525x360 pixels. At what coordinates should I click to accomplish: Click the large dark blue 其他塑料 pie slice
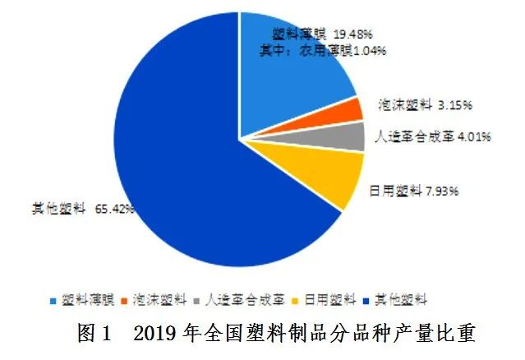pos(189,164)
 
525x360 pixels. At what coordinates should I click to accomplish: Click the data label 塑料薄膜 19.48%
pos(322,34)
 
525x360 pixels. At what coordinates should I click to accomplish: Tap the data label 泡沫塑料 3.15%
pos(426,104)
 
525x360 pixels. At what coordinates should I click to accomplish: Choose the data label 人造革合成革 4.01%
pos(432,136)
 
